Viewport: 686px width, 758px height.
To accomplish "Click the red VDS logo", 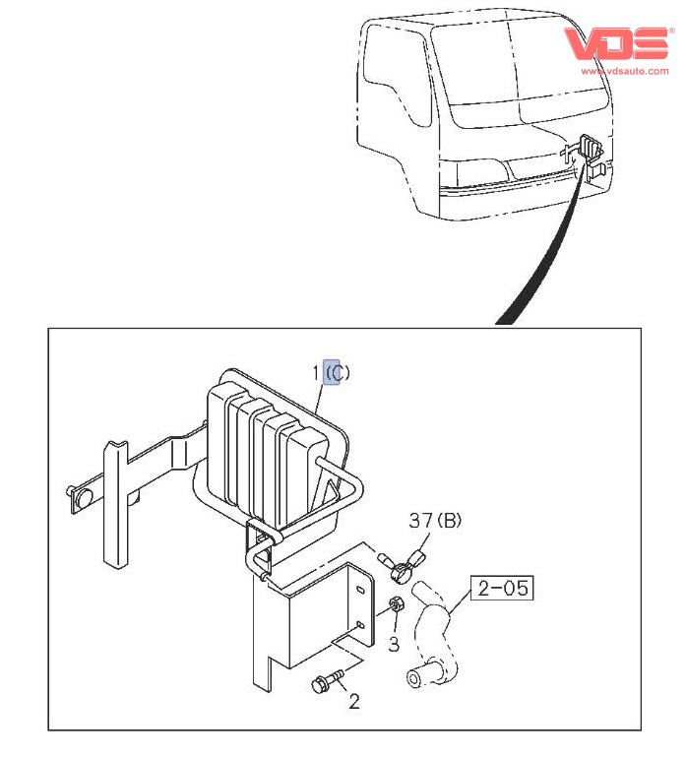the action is pos(617,43).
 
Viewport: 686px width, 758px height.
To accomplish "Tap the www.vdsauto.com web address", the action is pos(625,71).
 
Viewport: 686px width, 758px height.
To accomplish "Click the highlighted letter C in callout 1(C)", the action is pos(332,372).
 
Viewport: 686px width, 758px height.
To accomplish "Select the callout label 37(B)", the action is pos(435,521).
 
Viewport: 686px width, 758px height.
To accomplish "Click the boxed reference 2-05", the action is pos(502,588).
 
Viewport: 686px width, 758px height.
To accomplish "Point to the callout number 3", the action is pos(394,644).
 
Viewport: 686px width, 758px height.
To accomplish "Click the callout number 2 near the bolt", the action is pos(354,702).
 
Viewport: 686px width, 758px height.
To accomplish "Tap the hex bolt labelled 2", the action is pos(328,680).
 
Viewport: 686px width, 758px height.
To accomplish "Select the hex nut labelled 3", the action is pos(397,604).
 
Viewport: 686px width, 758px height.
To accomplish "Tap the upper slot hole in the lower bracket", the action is pos(360,590).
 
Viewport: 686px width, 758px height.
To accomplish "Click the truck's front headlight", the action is pos(483,172).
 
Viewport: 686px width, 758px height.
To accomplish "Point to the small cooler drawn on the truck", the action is pos(590,148).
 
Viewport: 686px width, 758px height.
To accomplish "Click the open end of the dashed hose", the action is pos(414,678).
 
